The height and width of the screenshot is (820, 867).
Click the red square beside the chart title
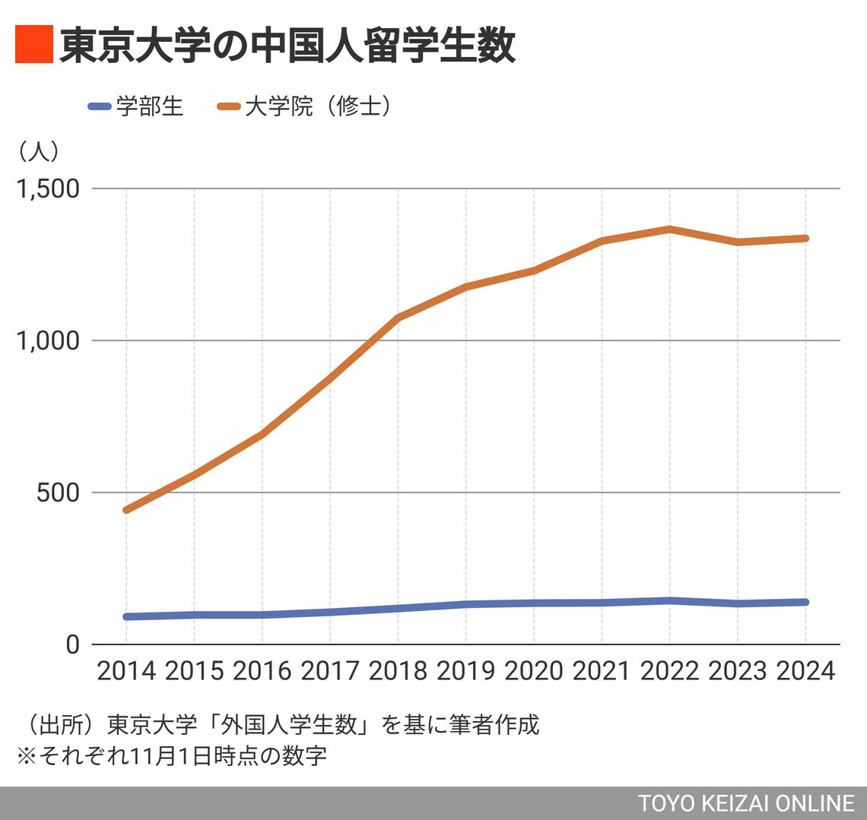(33, 44)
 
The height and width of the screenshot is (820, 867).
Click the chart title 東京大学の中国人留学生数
(287, 46)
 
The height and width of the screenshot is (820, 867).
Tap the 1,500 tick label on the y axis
(48, 188)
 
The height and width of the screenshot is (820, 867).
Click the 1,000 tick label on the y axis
(48, 340)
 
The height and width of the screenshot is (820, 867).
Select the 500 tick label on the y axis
(58, 492)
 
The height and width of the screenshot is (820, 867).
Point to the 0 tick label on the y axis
(72, 644)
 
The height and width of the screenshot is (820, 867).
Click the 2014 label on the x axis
(126, 671)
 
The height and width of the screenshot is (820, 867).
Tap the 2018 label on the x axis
(398, 671)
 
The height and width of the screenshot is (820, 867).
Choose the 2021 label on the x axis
(602, 671)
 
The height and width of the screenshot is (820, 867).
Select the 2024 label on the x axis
(805, 671)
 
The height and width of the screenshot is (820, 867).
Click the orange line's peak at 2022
(670, 229)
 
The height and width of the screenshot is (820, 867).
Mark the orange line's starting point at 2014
(126, 510)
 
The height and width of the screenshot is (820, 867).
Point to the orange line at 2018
(398, 318)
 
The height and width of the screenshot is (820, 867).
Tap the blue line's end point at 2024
(805, 602)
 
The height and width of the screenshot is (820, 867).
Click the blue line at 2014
(126, 616)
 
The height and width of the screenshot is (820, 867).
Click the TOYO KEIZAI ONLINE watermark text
(746, 803)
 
